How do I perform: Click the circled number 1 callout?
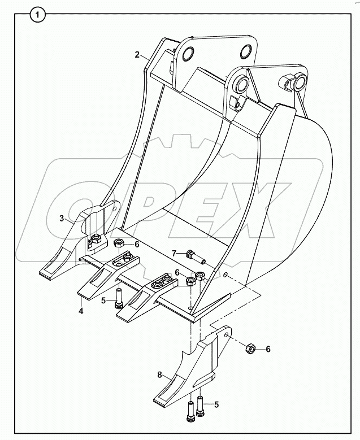click(37, 15)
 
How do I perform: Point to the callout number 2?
click(137, 54)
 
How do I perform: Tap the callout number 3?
click(63, 218)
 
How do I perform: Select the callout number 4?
click(81, 310)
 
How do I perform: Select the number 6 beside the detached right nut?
click(268, 349)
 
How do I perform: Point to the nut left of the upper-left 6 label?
click(119, 243)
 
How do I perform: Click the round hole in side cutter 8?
click(227, 336)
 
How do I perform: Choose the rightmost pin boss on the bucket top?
click(296, 84)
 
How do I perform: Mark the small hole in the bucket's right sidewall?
click(226, 275)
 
